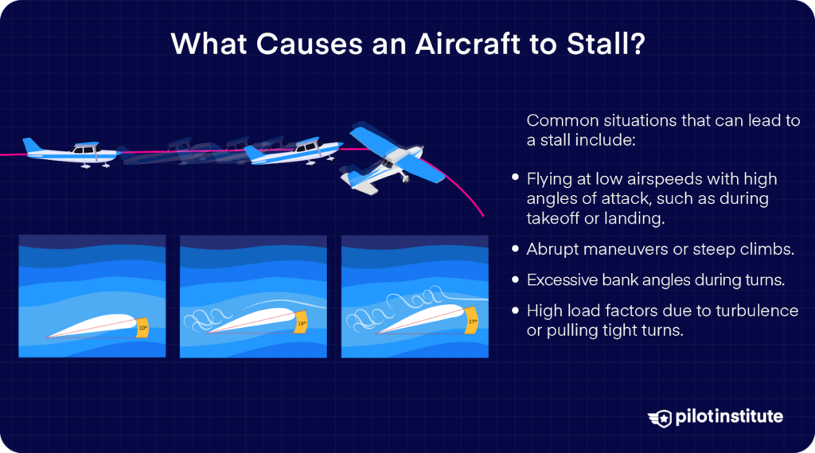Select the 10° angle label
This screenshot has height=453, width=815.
click(x=142, y=326)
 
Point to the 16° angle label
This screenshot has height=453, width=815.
click(x=302, y=324)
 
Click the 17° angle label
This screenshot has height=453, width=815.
click(x=470, y=321)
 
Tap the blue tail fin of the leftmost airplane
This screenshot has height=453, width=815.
click(x=32, y=146)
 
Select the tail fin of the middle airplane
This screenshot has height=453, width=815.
click(x=253, y=150)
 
